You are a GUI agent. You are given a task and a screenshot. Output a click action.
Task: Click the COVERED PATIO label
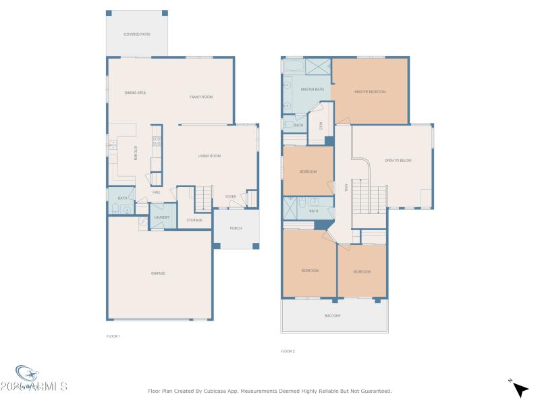point(136,34)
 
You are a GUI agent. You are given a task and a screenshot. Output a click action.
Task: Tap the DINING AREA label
point(136,92)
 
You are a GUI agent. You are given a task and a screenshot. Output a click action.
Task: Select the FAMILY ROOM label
point(201,97)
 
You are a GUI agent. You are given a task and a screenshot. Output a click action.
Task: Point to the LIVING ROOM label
point(209,156)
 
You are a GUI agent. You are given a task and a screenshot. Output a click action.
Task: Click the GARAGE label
point(158,273)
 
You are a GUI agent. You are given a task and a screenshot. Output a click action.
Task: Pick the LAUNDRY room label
point(161,217)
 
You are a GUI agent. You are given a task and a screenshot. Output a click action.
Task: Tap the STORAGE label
point(194,220)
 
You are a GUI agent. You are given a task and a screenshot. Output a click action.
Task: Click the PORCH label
point(236,228)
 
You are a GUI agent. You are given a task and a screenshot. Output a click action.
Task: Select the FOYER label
point(231,196)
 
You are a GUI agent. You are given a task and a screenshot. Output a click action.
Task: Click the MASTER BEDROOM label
point(370,92)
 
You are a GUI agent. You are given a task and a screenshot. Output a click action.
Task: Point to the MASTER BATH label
point(313,89)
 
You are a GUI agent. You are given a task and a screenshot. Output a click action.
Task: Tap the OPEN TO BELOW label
point(398,161)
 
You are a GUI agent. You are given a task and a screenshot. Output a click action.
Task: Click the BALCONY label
point(333,316)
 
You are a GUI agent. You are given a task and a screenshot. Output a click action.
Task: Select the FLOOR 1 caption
point(113,336)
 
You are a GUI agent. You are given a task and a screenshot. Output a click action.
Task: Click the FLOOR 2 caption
point(288,351)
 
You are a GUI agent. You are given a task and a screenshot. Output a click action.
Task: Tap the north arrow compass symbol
point(519,389)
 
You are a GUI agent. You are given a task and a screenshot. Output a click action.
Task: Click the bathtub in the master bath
point(293,66)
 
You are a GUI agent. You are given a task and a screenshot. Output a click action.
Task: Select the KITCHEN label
point(136,153)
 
